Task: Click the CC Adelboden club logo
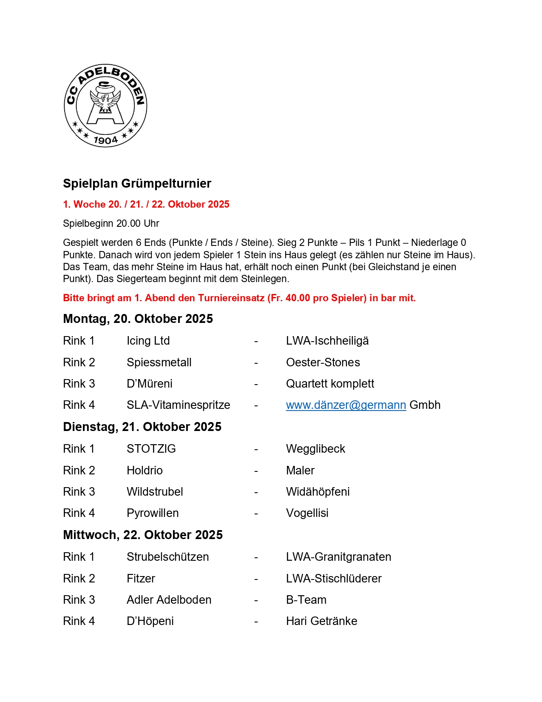(105, 106)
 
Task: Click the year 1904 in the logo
(105, 140)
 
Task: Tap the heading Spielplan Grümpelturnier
(137, 183)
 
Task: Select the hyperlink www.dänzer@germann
(346, 405)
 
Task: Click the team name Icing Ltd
(148, 341)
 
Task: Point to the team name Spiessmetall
(159, 362)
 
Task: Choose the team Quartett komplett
(330, 384)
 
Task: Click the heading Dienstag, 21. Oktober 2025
(142, 427)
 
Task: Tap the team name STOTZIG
(151, 449)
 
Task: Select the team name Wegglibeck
(315, 449)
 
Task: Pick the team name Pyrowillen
(153, 513)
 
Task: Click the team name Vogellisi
(307, 513)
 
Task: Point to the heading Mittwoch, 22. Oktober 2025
(143, 535)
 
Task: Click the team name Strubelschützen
(167, 557)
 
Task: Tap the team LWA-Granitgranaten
(338, 557)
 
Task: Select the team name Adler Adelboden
(169, 600)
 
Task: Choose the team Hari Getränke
(321, 621)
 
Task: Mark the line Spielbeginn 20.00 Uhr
(111, 223)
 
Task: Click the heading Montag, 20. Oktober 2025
(138, 319)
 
